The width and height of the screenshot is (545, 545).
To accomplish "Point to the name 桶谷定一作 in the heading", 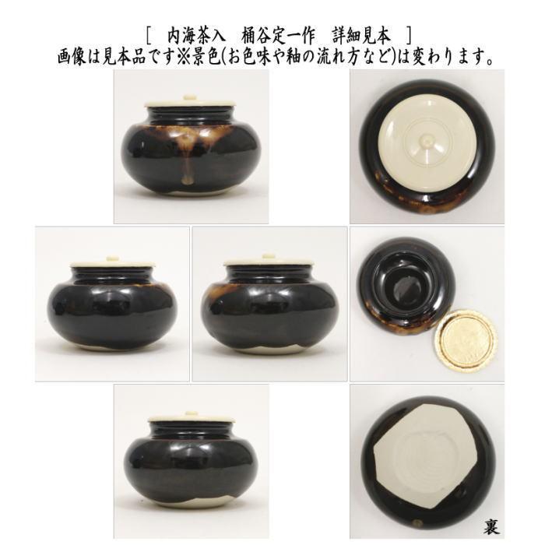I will [280, 35].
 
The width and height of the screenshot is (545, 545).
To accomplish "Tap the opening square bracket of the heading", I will [148, 35].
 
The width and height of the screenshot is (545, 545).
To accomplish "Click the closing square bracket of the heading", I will [408, 35].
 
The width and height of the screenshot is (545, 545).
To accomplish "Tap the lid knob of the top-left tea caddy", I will [191, 97].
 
